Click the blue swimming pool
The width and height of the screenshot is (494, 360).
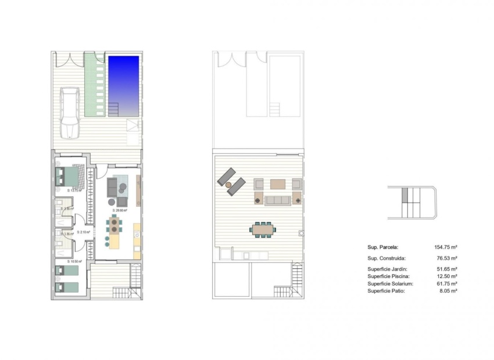[x=124, y=81]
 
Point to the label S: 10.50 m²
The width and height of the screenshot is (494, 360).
[x=74, y=262]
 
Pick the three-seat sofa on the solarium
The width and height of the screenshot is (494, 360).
[x=277, y=200]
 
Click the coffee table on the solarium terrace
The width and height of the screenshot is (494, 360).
[x=278, y=184]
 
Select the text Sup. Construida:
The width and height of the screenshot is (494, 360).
[x=386, y=258]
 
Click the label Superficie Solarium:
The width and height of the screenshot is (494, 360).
[x=390, y=283]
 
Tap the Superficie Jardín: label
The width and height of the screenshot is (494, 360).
[x=387, y=269]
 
